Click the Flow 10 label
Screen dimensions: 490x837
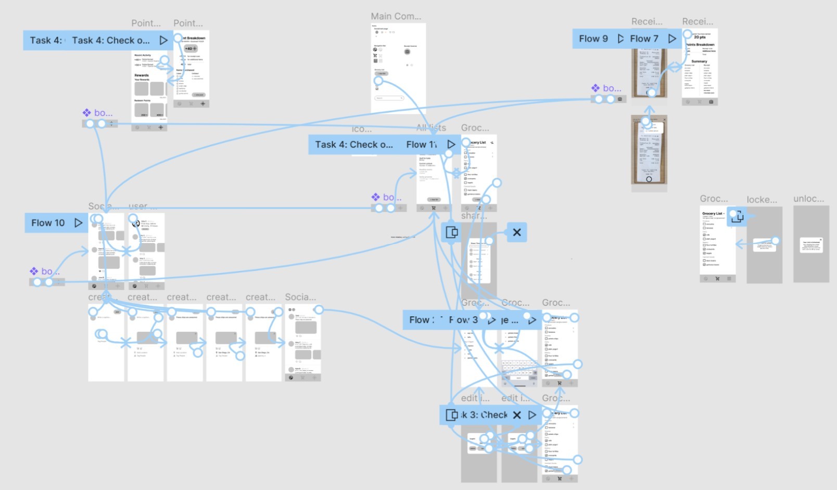pos(48,223)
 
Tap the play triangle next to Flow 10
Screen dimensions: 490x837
pos(78,223)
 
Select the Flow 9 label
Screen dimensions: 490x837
pos(593,39)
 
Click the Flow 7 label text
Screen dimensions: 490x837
pos(644,39)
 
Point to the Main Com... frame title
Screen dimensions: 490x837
pos(396,17)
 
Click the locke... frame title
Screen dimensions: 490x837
pos(762,200)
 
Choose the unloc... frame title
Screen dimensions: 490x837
pos(808,199)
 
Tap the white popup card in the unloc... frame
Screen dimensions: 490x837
pos(811,245)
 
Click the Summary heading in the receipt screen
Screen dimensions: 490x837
pos(699,61)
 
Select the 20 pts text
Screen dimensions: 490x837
pos(700,37)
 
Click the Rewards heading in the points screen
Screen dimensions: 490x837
pos(142,75)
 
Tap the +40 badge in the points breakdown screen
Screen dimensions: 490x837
pos(191,48)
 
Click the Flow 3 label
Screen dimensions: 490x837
pos(463,320)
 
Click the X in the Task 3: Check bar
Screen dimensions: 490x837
pos(517,415)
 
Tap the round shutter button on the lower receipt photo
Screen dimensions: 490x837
pos(649,179)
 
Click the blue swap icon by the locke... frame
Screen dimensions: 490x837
pos(737,216)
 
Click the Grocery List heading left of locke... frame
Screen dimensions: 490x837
pos(712,214)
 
